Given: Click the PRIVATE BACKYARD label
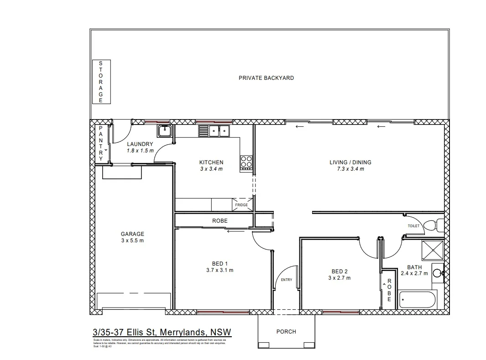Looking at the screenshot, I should click(266, 78).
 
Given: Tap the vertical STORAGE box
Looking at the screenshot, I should click(101, 82).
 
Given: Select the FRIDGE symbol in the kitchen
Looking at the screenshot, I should click(242, 205).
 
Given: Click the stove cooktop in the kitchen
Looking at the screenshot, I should click(246, 162).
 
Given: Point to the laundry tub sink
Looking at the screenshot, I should click(164, 131).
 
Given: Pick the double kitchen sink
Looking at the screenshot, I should click(219, 131).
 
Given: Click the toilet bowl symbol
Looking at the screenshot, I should click(430, 226).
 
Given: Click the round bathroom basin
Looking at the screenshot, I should click(437, 273).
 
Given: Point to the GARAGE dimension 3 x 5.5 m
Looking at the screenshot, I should click(132, 240).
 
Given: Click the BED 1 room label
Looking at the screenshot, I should click(219, 264).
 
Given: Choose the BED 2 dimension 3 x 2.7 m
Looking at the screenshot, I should click(340, 277).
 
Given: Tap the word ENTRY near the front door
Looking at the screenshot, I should click(286, 280).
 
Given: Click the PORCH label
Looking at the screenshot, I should click(286, 332).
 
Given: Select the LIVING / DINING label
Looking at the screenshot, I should click(350, 162).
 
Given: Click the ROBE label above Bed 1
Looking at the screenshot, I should click(219, 221).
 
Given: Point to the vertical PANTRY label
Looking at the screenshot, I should click(101, 143).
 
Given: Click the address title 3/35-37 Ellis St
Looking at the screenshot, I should click(162, 331).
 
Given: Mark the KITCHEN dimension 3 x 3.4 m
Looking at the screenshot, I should click(211, 169).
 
